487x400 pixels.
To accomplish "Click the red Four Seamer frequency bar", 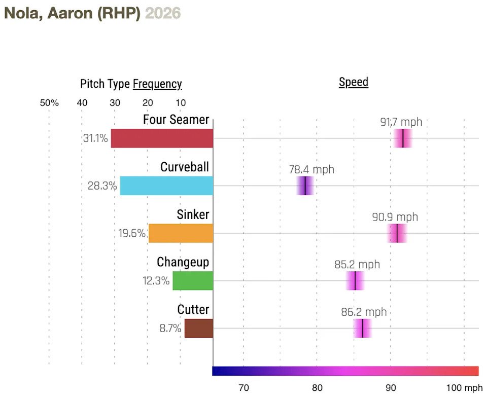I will (162, 138).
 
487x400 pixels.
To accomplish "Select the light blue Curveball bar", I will (166, 186).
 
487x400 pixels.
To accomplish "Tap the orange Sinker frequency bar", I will (181, 233).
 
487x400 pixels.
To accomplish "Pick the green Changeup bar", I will (193, 281).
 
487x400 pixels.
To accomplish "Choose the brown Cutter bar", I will (198, 329).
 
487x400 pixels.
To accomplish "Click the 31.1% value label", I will (95, 138).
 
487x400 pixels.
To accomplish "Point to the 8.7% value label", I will (170, 329).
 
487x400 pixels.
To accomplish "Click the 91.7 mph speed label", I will (401, 122).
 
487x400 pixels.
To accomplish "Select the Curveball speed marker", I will (305, 186).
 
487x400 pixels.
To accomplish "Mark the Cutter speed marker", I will (363, 329).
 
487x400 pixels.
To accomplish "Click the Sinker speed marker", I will (397, 233).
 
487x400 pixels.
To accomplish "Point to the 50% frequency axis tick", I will (49, 103).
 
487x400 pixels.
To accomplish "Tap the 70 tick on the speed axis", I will (243, 388).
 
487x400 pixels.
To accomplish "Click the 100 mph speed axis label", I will (464, 388).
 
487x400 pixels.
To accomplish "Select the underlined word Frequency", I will (157, 84).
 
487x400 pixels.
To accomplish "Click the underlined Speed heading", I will (354, 82).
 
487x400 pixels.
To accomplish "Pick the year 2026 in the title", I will (162, 13).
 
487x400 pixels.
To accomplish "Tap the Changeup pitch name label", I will (183, 262).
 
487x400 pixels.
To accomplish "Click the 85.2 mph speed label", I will (357, 265).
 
